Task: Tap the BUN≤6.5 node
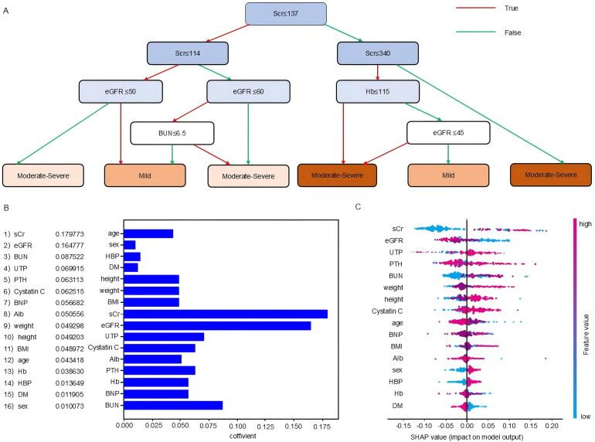click(x=172, y=132)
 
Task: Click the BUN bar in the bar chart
click(x=173, y=405)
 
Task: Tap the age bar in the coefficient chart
click(x=148, y=233)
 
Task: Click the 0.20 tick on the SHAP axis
click(x=550, y=424)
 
